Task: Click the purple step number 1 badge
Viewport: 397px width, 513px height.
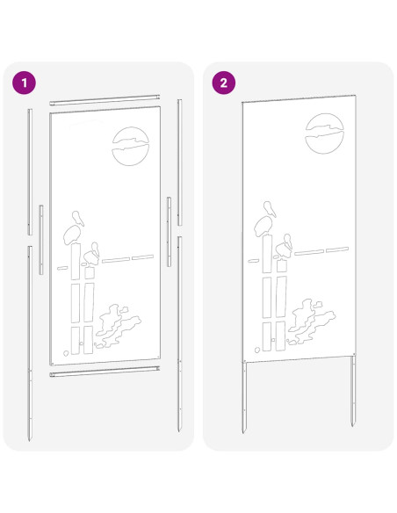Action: click(25, 83)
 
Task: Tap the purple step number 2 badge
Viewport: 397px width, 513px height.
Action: click(224, 83)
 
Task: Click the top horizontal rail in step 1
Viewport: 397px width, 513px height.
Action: click(105, 100)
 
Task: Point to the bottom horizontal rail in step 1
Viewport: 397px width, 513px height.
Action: click(105, 372)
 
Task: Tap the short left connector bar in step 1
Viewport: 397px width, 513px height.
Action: click(41, 240)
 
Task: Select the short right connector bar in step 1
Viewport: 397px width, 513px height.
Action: click(169, 232)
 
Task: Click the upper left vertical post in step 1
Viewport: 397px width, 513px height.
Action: click(30, 172)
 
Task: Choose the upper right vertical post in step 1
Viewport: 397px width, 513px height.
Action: click(179, 163)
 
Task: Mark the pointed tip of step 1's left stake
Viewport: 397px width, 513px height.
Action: click(30, 440)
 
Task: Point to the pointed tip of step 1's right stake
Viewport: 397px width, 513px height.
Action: click(179, 431)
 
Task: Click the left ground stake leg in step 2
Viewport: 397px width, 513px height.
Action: click(244, 397)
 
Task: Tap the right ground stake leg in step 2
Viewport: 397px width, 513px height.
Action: click(353, 390)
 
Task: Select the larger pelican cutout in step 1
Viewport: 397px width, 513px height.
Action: click(73, 229)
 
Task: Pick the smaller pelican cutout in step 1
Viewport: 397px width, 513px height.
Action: click(91, 254)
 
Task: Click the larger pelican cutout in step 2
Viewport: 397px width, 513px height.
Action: click(265, 220)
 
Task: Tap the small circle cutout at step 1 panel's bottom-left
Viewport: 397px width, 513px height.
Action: click(66, 353)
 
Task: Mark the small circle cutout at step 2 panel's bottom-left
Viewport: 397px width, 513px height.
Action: click(257, 350)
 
